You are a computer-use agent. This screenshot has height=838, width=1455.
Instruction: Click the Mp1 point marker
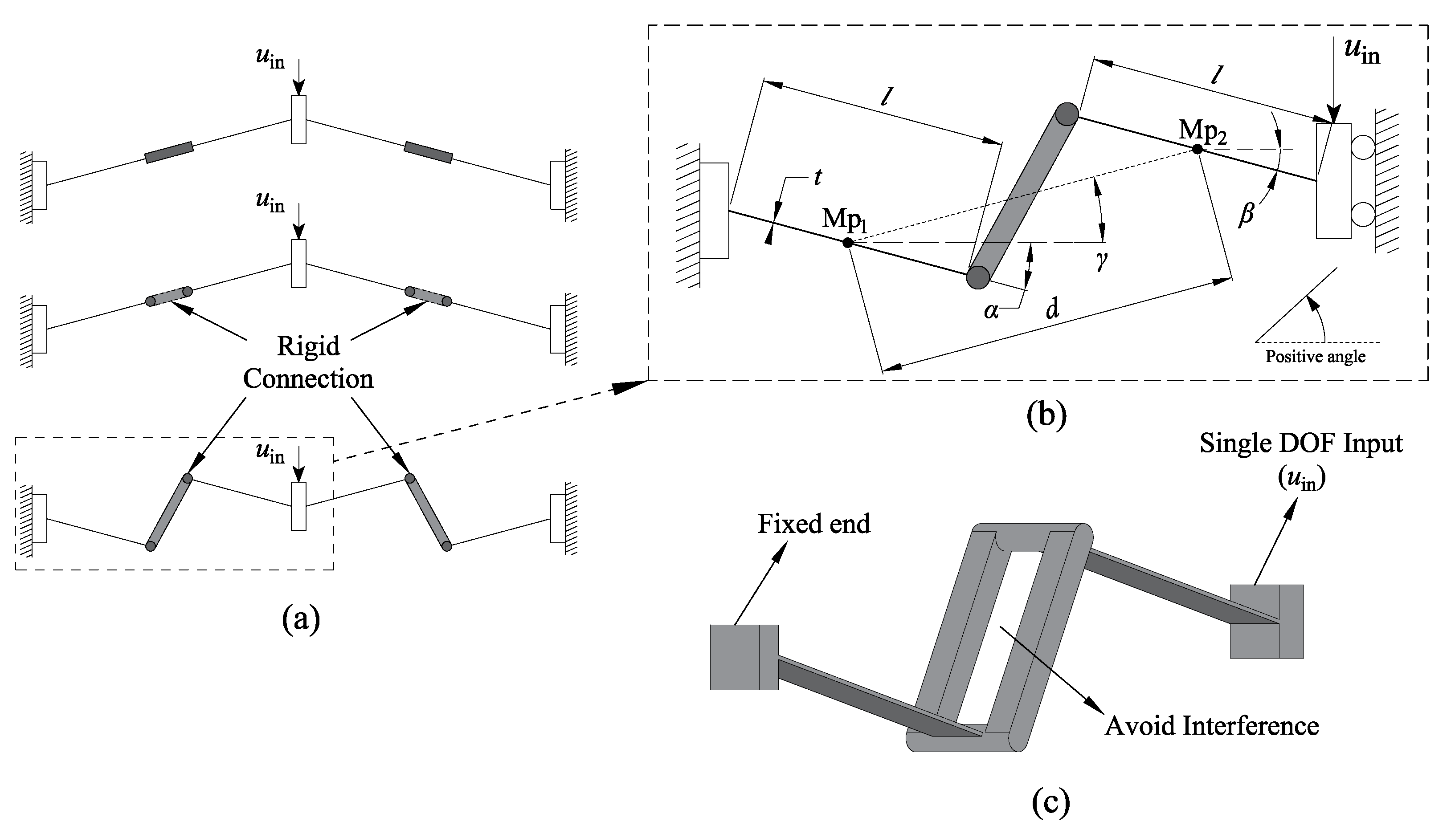847,243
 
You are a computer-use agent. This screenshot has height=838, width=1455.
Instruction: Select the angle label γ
1101,261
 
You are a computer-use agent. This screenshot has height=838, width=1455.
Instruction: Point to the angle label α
990,311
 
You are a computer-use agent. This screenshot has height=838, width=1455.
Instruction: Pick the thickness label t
817,177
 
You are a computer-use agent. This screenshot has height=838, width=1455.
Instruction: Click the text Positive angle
1315,357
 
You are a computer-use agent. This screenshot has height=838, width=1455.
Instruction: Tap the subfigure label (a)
301,619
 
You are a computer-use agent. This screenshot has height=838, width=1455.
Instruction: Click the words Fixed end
813,524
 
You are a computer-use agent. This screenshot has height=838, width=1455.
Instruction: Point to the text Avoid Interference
1211,726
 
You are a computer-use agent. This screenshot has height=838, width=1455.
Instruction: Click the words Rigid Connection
309,362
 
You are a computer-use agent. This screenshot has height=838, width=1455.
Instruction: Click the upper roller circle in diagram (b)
1363,147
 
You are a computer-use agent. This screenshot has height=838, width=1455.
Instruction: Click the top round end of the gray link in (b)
1067,114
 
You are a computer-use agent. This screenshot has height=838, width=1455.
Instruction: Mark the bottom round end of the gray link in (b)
978,277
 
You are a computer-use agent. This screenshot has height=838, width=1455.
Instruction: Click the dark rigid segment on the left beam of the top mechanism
169,152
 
